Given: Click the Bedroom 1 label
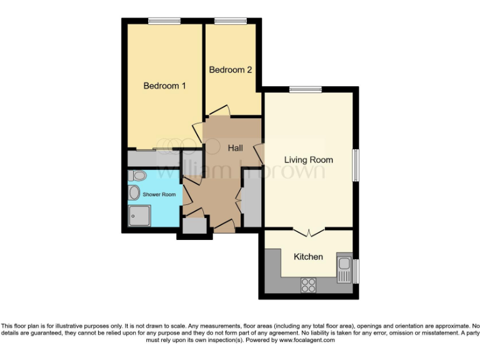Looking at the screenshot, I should coord(164,86).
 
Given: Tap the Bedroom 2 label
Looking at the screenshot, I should coord(231,70).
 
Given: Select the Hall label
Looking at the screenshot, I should coord(235,148).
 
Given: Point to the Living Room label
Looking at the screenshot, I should coord(308,160).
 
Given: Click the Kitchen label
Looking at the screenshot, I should coord(308,257).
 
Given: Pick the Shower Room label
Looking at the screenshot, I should coord(159,194).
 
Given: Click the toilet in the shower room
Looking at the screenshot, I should coord(139,176).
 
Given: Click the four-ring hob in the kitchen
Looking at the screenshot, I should coord(308,285).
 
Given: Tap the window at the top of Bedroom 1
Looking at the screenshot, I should coord(164,22).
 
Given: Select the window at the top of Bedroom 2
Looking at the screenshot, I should coord(230,22).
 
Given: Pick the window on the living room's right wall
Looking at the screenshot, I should coord(356,164).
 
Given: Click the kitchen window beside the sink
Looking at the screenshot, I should coord(356,271).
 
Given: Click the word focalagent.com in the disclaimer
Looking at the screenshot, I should coord(307,341).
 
